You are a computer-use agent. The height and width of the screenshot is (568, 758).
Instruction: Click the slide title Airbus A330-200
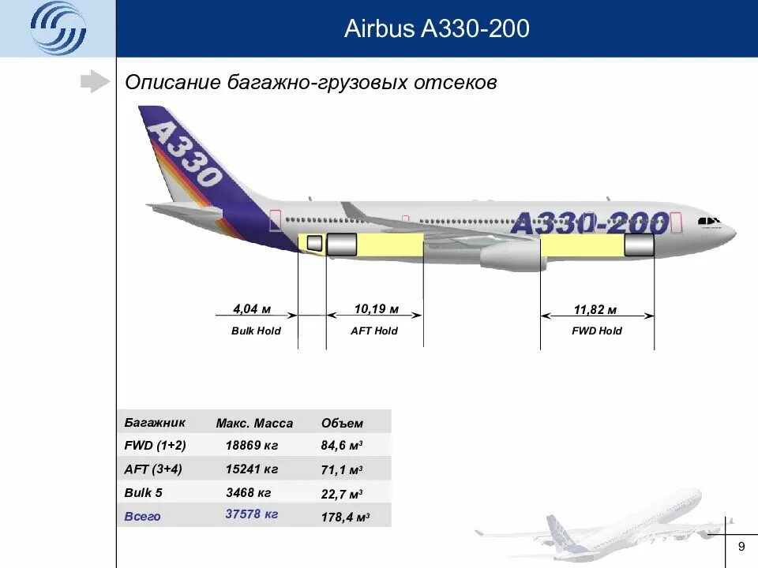(437, 29)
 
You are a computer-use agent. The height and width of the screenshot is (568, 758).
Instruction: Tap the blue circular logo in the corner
(58, 29)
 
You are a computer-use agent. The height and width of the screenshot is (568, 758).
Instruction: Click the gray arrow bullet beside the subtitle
(95, 81)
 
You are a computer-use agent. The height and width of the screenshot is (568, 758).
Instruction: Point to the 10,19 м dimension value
(376, 308)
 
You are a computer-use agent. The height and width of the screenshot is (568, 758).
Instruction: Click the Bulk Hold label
(256, 331)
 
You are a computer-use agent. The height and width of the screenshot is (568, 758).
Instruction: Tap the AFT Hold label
(374, 331)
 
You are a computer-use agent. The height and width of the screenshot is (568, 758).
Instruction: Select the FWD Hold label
(597, 331)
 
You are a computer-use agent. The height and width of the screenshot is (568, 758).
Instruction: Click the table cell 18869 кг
(252, 446)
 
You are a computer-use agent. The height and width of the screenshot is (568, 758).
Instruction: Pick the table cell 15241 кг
(252, 469)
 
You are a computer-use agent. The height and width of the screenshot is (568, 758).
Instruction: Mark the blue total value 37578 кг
(252, 514)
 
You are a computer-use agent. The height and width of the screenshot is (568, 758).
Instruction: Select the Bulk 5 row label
(143, 493)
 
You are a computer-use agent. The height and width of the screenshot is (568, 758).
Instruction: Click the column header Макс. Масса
(254, 423)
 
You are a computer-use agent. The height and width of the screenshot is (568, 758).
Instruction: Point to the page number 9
(741, 547)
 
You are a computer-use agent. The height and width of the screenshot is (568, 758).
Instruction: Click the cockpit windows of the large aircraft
(708, 221)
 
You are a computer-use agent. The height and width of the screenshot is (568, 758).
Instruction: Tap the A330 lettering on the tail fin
(184, 152)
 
